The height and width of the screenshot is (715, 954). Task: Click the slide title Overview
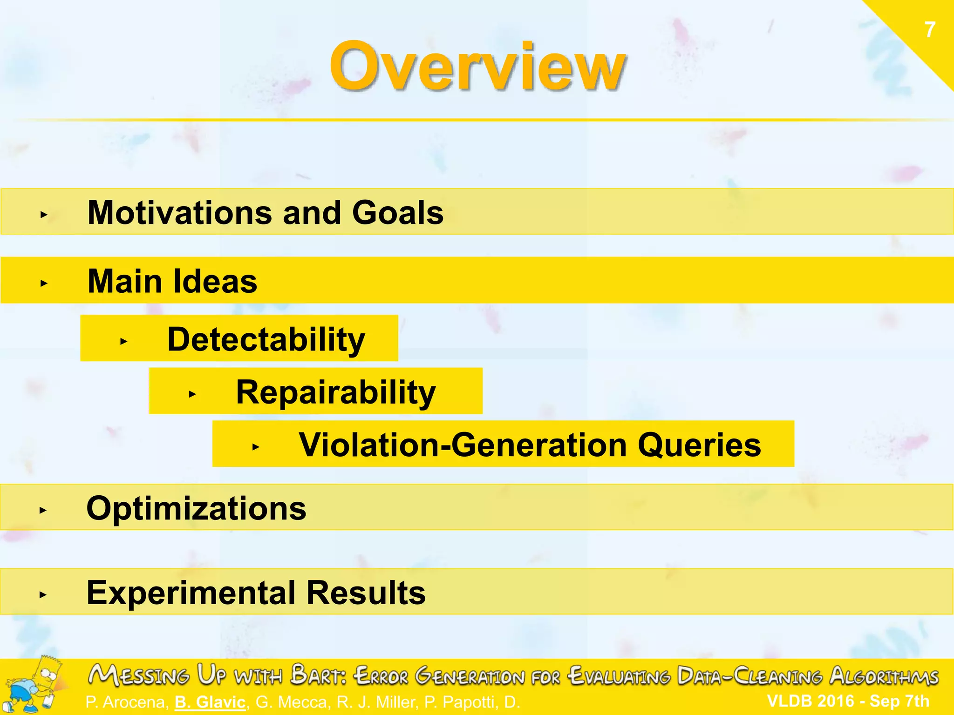tap(477, 66)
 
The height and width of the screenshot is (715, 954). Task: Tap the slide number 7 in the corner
tap(930, 30)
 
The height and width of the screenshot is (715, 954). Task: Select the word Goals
tap(397, 213)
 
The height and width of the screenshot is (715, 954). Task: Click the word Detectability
tap(266, 339)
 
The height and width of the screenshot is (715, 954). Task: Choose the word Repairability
tap(335, 392)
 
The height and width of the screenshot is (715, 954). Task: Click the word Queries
tap(699, 445)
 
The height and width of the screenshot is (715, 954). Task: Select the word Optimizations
tap(196, 508)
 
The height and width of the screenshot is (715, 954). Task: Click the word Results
tap(366, 593)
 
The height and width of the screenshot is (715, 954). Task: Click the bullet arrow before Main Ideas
tap(44, 283)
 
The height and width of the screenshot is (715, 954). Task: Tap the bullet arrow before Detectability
tap(123, 341)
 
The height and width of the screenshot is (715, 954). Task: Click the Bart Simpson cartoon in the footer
tap(35, 685)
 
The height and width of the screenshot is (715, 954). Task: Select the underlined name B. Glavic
tap(210, 702)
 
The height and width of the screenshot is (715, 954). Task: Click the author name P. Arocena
tap(126, 702)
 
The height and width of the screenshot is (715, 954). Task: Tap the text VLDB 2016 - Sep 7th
tap(848, 701)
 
